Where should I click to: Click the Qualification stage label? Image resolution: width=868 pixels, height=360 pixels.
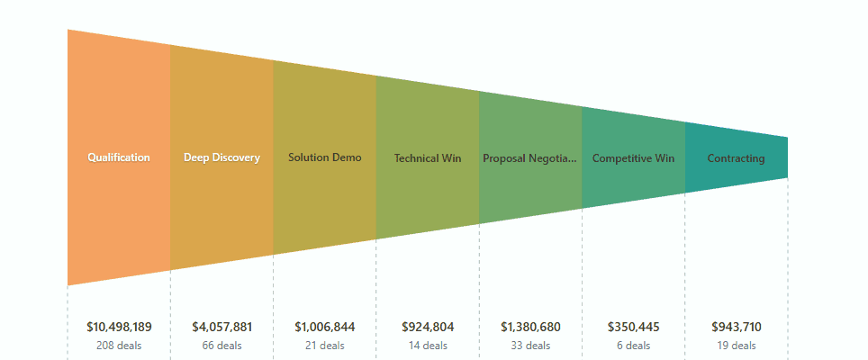[119, 157]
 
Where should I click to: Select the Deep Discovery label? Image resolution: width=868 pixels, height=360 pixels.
[222, 157]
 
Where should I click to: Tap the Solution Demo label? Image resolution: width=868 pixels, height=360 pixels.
[325, 157]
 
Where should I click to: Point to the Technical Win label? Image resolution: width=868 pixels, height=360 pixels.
[428, 158]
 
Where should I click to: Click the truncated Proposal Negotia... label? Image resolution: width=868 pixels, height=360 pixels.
[530, 158]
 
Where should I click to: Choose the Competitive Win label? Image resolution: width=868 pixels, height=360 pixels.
[633, 158]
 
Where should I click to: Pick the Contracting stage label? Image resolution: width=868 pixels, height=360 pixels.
[737, 158]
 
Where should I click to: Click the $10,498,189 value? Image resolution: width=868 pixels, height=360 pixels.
[119, 328]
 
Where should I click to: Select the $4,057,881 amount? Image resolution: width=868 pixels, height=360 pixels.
[222, 328]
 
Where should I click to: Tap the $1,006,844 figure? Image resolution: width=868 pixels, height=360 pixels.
[325, 328]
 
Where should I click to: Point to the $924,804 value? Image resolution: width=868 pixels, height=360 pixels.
[428, 328]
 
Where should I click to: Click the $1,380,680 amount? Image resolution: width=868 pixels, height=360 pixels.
[530, 328]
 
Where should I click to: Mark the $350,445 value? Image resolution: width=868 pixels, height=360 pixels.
[633, 328]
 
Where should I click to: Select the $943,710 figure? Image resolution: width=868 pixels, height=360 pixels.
[737, 328]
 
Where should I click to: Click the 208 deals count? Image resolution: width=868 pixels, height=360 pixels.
[119, 346]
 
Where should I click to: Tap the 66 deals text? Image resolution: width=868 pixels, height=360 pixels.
[222, 346]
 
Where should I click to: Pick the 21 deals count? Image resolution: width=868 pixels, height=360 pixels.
[325, 346]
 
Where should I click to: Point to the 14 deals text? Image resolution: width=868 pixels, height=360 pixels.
[428, 346]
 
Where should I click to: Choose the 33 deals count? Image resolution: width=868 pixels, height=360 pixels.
[530, 346]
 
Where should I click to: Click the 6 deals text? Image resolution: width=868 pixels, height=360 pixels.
[633, 346]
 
